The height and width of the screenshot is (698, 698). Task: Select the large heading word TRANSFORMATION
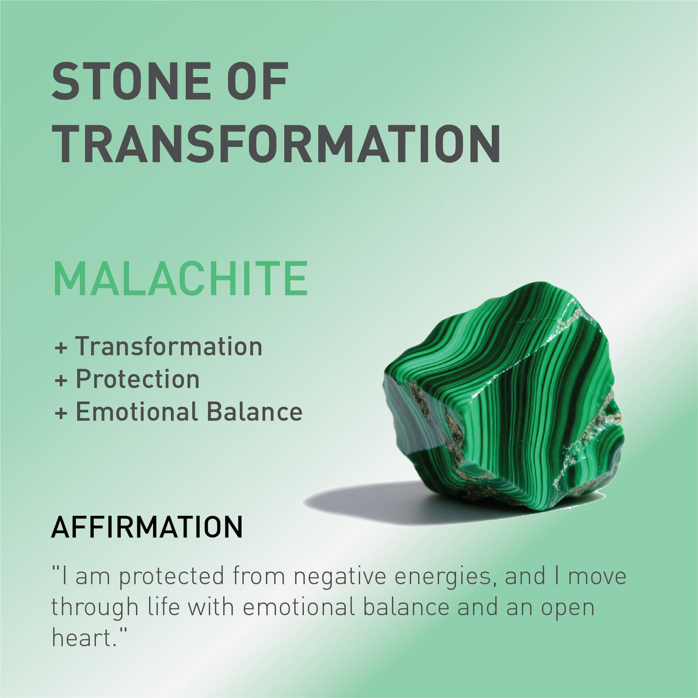pyautogui.click(x=276, y=143)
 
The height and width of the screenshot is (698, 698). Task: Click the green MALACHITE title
pyautogui.click(x=180, y=279)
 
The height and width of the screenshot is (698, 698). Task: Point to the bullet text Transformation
pyautogui.click(x=169, y=346)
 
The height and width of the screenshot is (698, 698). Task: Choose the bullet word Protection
pyautogui.click(x=138, y=379)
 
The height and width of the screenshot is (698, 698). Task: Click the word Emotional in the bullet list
pyautogui.click(x=137, y=412)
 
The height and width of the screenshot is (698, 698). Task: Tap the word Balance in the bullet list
pyautogui.click(x=255, y=412)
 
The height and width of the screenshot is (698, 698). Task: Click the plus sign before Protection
pyautogui.click(x=61, y=381)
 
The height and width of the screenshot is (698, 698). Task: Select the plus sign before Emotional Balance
pyautogui.click(x=61, y=413)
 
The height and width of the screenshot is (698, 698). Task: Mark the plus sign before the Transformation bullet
pyautogui.click(x=61, y=348)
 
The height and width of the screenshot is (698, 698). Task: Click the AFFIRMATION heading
pyautogui.click(x=147, y=527)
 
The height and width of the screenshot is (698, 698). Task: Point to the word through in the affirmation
pyautogui.click(x=95, y=608)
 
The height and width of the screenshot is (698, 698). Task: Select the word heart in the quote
pyautogui.click(x=82, y=638)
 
